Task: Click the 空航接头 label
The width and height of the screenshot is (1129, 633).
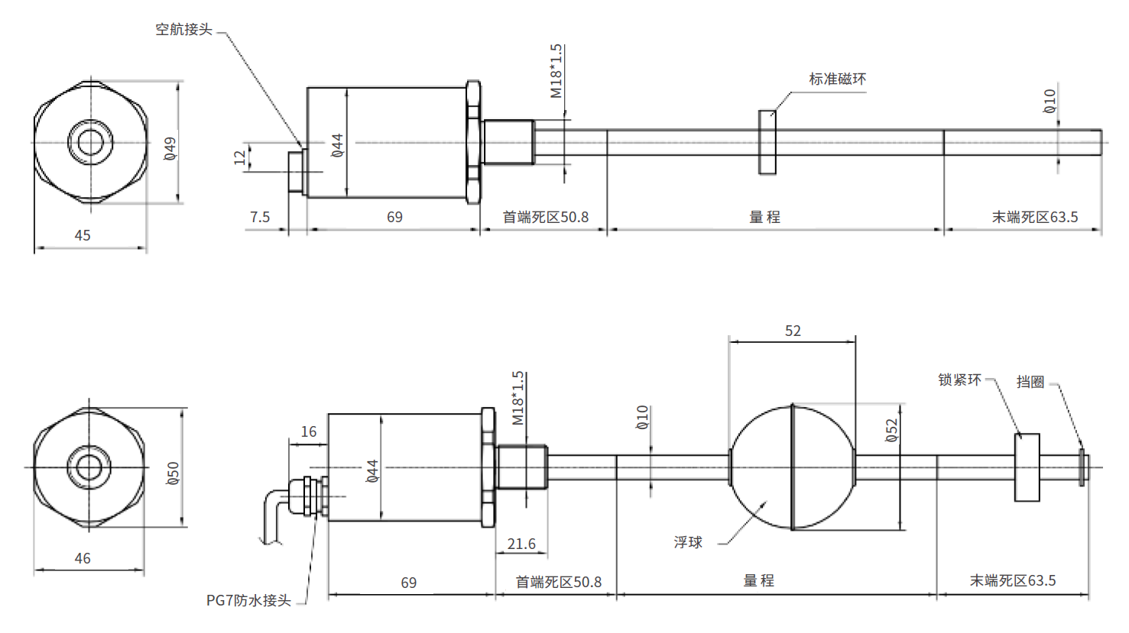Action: pos(183,30)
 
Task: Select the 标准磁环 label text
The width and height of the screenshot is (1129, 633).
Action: pos(837,79)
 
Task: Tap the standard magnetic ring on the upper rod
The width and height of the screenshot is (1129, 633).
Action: pos(767,142)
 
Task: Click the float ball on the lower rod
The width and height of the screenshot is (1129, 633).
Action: pos(792,467)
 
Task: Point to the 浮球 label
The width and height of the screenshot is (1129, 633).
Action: pos(688,542)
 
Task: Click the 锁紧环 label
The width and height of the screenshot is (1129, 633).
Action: pos(959,379)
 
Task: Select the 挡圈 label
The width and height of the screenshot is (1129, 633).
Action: pos(1030,382)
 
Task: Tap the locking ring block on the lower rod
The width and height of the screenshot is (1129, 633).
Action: pos(1027,467)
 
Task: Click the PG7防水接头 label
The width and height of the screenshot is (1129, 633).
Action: pos(248,600)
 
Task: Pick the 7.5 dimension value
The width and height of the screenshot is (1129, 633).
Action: pos(260,217)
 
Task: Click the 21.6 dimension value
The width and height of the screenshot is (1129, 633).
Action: pos(521,544)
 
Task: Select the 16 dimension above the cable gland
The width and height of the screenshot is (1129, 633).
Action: pos(308,431)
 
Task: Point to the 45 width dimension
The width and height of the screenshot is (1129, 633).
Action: pos(83,235)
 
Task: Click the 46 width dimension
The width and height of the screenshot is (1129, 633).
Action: pos(83,558)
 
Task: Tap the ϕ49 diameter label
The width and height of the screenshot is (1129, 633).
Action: pos(170,148)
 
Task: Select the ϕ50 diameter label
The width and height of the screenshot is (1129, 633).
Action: pos(173,473)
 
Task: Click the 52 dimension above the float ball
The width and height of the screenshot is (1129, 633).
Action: pos(793,331)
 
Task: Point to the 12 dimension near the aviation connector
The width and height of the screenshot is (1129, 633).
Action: pos(240,157)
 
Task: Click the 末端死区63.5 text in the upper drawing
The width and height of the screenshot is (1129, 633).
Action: pos(1034,217)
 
